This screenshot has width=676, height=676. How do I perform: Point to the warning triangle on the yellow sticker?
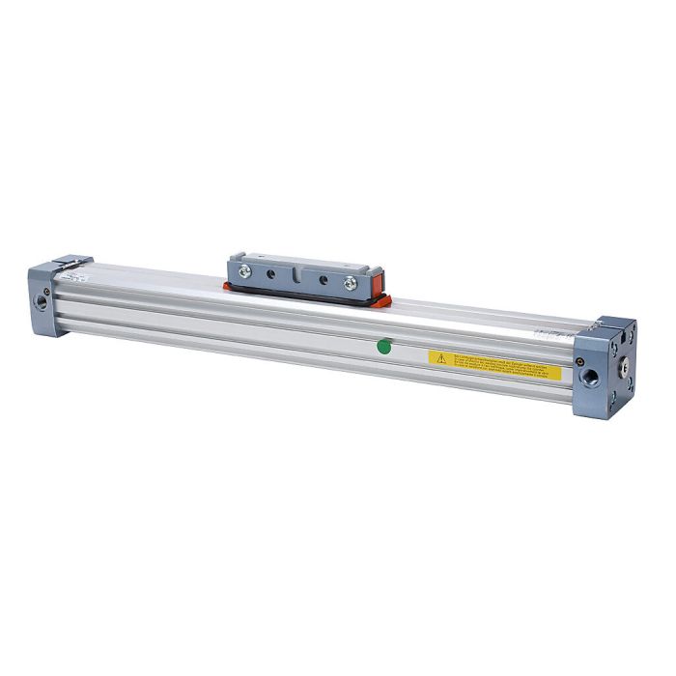pos(439,356)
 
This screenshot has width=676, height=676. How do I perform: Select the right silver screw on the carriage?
pos(350,283)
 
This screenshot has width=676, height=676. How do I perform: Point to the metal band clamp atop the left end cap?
pos(70,264)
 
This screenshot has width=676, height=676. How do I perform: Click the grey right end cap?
pos(603,367)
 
